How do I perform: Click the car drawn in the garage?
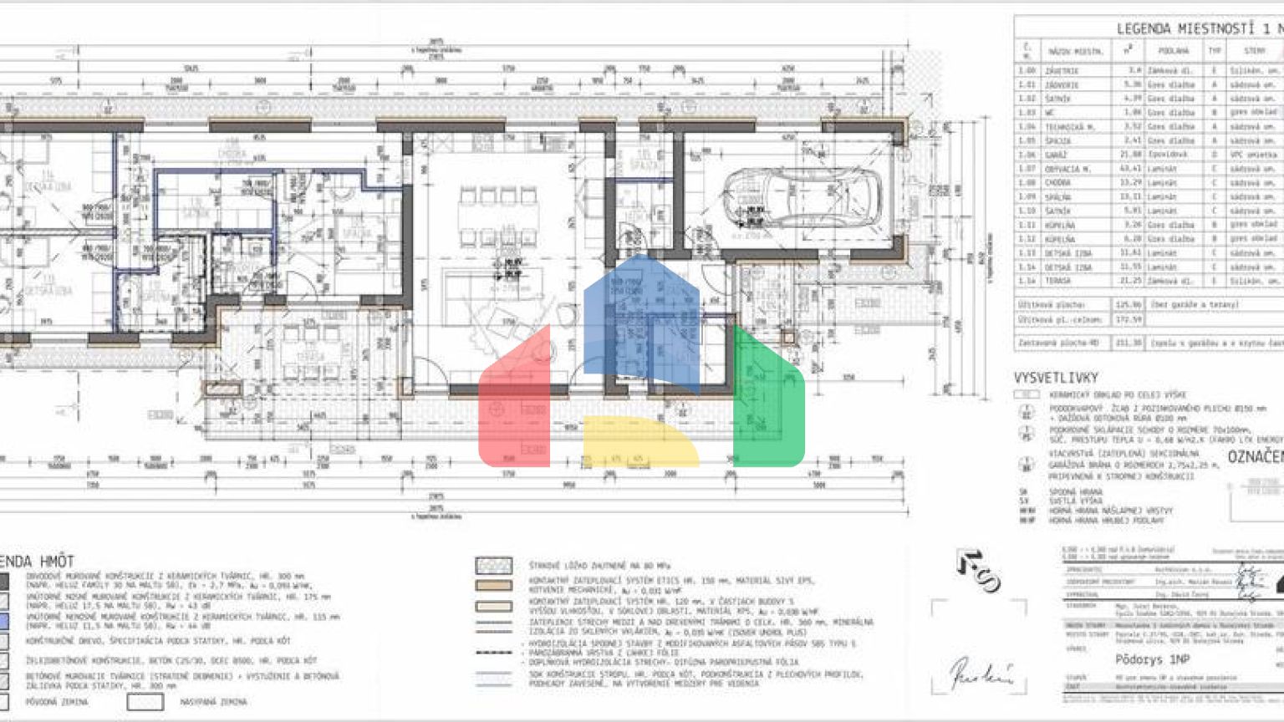click(802, 198)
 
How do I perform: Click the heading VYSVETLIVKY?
click(1056, 378)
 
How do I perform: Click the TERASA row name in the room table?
click(1058, 282)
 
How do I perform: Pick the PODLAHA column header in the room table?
click(1173, 51)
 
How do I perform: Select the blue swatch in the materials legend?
click(3, 621)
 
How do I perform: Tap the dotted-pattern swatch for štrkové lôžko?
click(493, 566)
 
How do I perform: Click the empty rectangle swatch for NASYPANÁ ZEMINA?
click(145, 702)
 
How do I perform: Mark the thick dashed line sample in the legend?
click(493, 652)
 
